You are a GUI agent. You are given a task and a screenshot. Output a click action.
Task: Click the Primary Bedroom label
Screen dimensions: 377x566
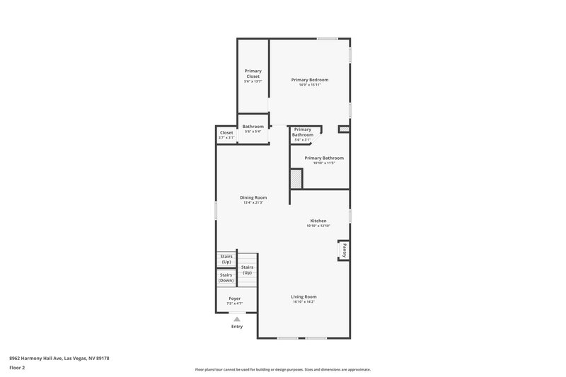coord(310,80)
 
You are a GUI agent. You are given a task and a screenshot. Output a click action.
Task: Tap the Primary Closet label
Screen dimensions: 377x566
coord(253,74)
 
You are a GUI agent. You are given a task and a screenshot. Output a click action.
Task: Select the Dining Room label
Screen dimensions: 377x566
coord(253,197)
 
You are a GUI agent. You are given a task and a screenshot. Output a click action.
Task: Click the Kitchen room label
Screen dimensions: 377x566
coord(318,221)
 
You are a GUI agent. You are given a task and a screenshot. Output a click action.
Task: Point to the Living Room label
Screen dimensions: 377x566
coord(304,296)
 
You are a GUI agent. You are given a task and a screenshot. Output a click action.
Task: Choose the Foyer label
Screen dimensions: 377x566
coord(234,298)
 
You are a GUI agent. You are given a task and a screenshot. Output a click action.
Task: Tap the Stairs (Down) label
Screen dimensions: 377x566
coord(226,277)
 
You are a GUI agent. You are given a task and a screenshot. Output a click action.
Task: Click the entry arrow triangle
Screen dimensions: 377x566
coord(237,319)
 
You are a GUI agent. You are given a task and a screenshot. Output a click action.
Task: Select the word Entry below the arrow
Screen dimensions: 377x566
coord(237,327)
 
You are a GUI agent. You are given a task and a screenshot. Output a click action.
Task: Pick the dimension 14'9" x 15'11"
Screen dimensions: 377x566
coord(310,85)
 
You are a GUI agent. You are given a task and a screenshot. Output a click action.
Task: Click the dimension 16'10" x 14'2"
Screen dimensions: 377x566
coord(304,302)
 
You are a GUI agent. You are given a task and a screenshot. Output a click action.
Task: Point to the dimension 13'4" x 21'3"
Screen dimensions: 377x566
coord(253,203)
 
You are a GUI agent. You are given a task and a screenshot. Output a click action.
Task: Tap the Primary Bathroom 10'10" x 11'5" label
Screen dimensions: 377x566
coord(324,160)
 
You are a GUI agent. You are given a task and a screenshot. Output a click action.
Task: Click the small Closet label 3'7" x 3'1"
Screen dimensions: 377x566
coord(226,134)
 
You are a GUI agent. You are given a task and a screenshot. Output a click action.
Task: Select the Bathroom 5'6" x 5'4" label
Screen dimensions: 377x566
coord(253,128)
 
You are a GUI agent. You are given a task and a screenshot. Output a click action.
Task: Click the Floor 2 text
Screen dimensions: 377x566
coord(17,368)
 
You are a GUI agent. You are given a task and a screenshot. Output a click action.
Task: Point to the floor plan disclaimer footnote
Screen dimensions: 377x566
coord(283,369)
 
